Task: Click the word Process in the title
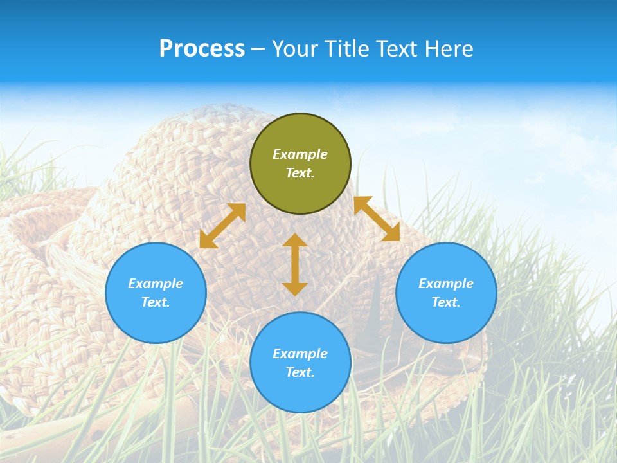click(x=202, y=49)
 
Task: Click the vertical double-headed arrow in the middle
click(x=295, y=265)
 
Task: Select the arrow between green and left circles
click(x=222, y=226)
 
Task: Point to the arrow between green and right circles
click(x=377, y=219)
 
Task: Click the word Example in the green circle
click(x=300, y=154)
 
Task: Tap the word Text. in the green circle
click(x=300, y=173)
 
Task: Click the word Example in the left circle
click(x=156, y=284)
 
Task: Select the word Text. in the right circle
click(x=446, y=302)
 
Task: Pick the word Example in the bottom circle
click(x=300, y=354)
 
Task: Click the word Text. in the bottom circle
click(x=300, y=372)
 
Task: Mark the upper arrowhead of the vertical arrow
click(x=295, y=241)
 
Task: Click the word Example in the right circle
click(x=446, y=284)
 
